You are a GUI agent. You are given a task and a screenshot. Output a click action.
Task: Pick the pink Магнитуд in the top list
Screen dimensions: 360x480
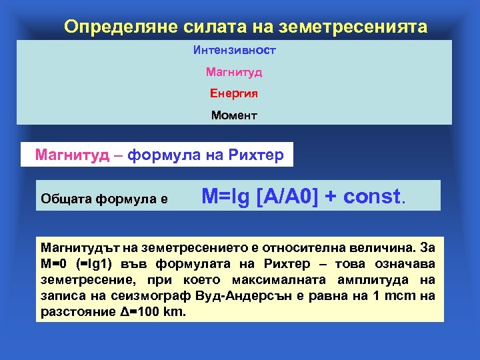234,71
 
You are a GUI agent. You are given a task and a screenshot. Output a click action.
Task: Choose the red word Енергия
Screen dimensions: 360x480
234,93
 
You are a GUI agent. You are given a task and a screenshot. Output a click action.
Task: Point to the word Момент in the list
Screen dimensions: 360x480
234,115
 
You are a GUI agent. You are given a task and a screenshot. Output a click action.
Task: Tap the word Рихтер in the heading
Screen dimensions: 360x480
256,156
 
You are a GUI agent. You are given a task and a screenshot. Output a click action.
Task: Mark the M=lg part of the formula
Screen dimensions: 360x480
226,196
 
